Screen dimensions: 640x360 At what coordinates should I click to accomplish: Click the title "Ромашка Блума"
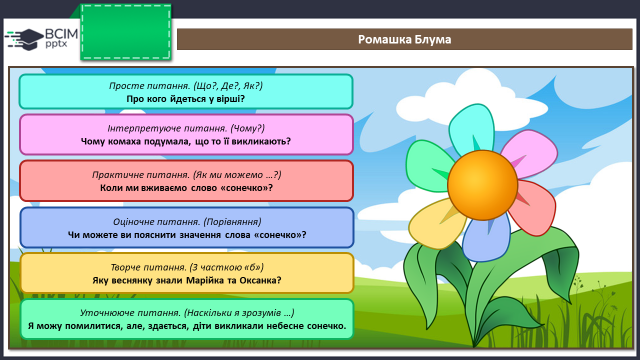404,40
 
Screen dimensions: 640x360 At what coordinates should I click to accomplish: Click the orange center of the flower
482,185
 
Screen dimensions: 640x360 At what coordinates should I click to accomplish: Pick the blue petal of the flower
487,239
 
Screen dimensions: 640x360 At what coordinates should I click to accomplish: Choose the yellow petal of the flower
437,224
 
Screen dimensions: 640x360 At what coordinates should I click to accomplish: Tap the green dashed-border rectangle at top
126,33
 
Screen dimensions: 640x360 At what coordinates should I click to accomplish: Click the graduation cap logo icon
25,39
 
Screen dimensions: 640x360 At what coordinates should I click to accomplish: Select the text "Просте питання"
149,86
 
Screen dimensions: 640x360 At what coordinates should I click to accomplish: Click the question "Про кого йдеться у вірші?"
186,99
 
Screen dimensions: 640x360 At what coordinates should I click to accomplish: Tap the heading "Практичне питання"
141,175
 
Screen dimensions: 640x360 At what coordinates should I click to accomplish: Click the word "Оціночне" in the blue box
133,222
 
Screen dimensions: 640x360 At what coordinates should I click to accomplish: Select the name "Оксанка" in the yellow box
260,280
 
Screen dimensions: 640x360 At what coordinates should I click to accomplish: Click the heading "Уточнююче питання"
130,313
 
